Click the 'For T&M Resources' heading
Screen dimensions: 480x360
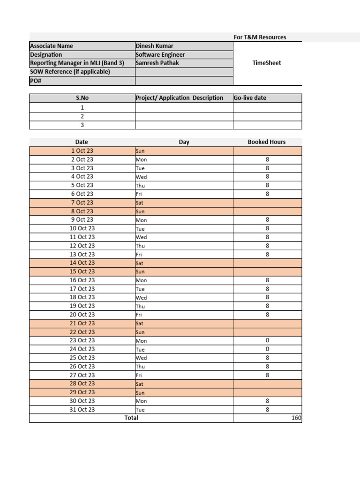pyautogui.click(x=260, y=37)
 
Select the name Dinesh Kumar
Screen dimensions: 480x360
pyautogui.click(x=154, y=46)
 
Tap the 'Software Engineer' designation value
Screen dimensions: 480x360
pyautogui.click(x=160, y=54)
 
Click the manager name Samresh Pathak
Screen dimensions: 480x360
pyautogui.click(x=157, y=63)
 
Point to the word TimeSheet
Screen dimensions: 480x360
pyautogui.click(x=267, y=63)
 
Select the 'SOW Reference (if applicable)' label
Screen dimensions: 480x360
pyautogui.click(x=70, y=72)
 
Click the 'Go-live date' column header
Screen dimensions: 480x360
pyautogui.click(x=250, y=98)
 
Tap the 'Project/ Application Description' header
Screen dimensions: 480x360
pyautogui.click(x=180, y=98)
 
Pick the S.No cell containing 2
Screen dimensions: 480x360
pyautogui.click(x=82, y=116)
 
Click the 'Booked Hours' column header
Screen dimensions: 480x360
pyautogui.click(x=267, y=142)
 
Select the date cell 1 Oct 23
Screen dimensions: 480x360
pyautogui.click(x=82, y=151)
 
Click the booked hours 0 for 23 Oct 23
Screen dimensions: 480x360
pyautogui.click(x=267, y=341)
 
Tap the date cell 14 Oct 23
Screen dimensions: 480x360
pyautogui.click(x=82, y=263)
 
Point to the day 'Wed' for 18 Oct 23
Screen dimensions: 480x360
pyautogui.click(x=141, y=298)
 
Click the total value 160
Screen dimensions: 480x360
pyautogui.click(x=296, y=418)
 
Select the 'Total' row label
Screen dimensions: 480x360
pyautogui.click(x=131, y=418)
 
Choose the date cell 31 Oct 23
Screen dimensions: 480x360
pyautogui.click(x=82, y=410)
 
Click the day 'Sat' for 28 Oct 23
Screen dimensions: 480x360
pyautogui.click(x=140, y=384)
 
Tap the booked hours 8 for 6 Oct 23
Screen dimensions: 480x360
pyautogui.click(x=267, y=194)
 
